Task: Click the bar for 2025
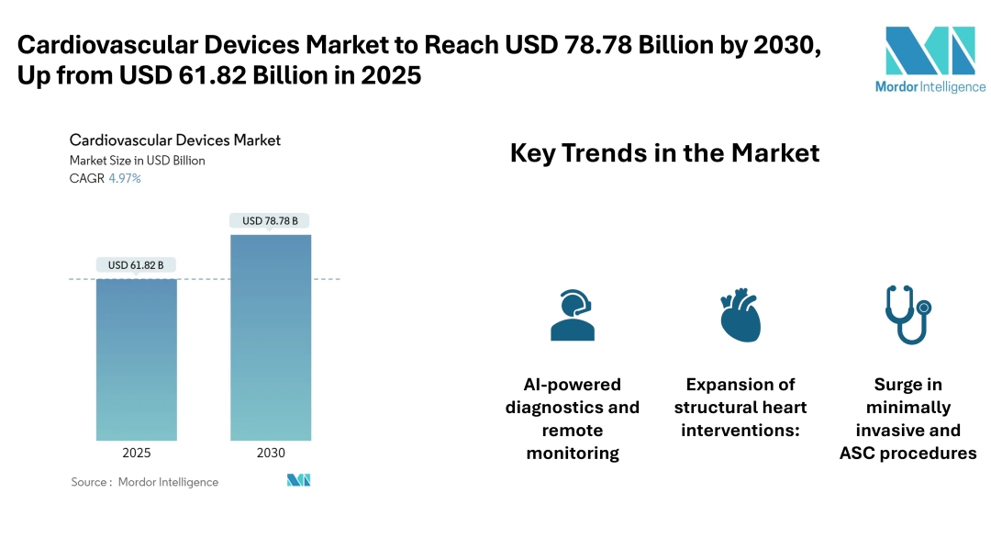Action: tap(137, 359)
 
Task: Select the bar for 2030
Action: tap(271, 337)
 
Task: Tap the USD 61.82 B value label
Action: tap(136, 265)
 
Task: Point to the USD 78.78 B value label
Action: tap(270, 221)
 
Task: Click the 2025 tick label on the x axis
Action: tap(136, 453)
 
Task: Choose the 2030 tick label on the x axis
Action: tap(271, 453)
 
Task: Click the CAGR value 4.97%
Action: tap(124, 178)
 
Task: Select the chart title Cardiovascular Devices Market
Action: tap(175, 140)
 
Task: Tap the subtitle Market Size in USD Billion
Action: tap(138, 161)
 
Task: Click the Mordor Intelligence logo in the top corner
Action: tap(930, 58)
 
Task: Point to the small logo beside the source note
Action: tap(298, 480)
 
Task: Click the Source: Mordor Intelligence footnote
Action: tap(145, 482)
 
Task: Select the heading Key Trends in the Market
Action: tap(664, 153)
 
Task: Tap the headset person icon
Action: tap(572, 316)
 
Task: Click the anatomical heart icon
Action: tap(740, 316)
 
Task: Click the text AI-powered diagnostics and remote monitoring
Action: tap(573, 419)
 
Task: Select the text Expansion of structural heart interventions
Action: tap(740, 407)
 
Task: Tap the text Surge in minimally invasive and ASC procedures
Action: tap(907, 419)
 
